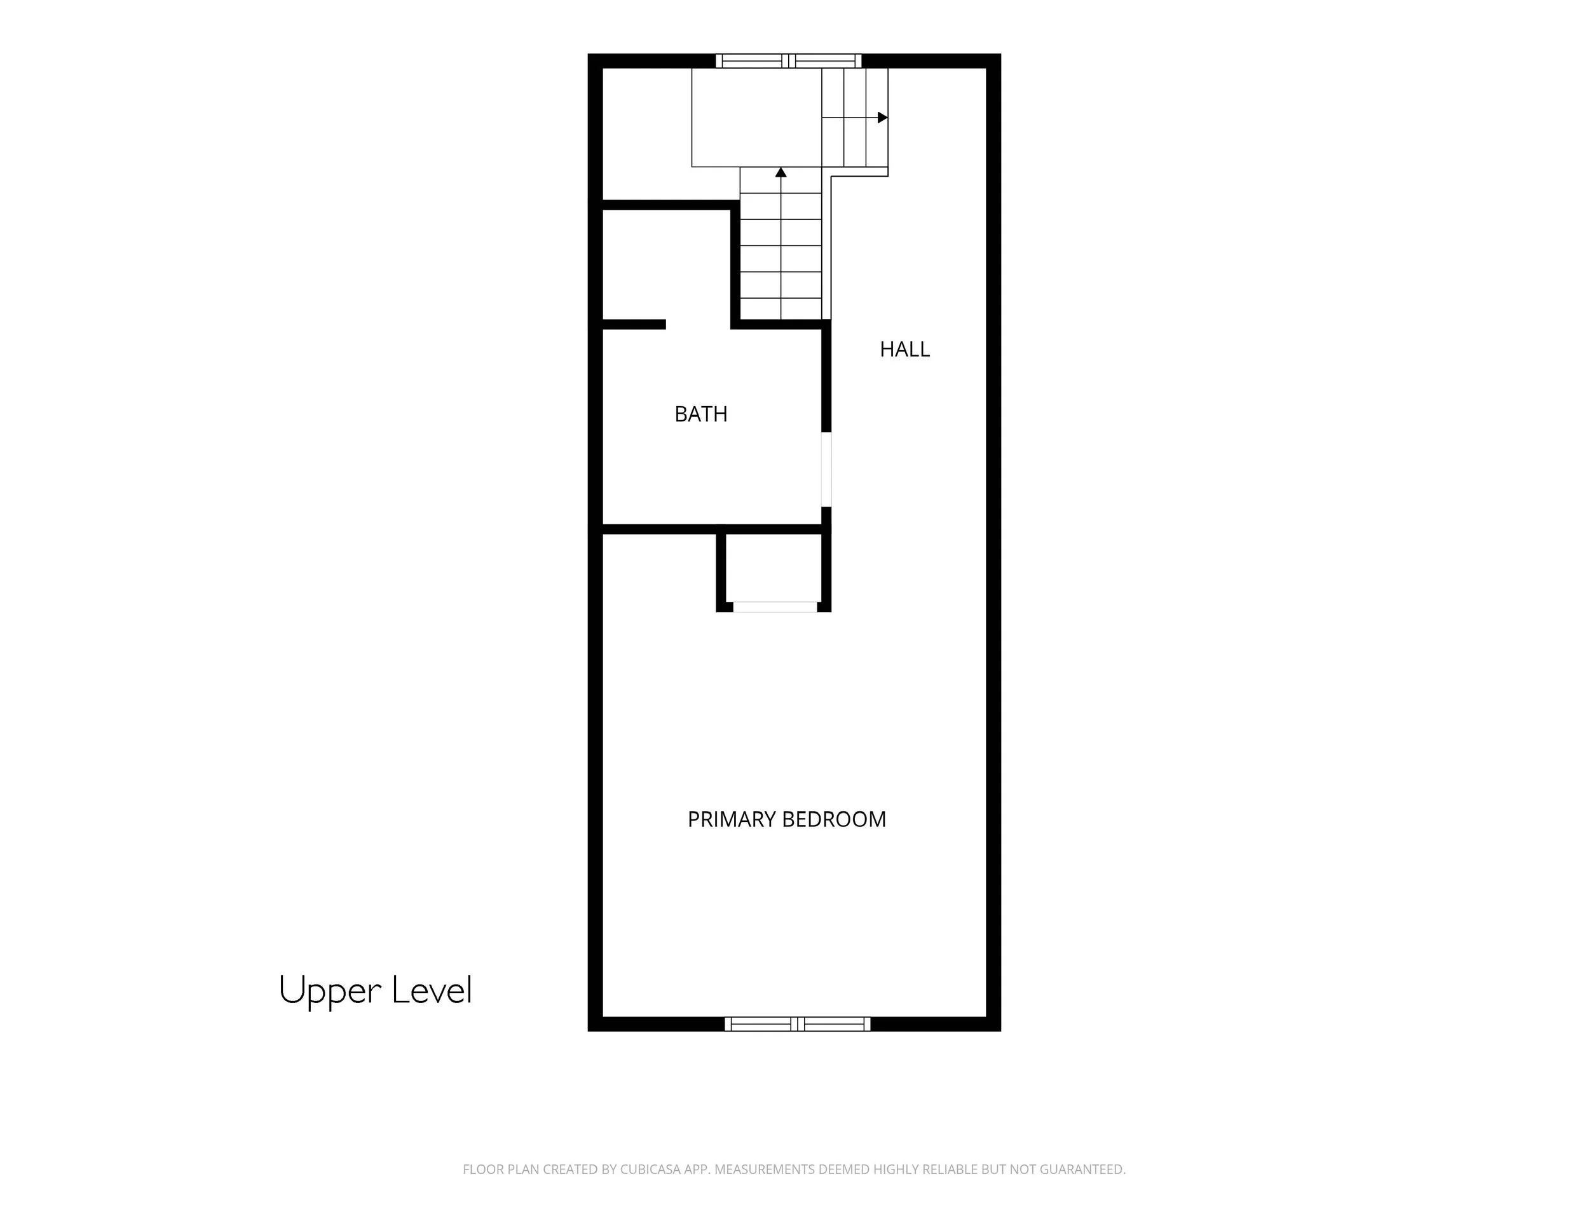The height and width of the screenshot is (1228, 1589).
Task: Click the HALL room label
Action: pyautogui.click(x=904, y=349)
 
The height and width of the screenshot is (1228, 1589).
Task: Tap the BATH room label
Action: pyautogui.click(x=700, y=414)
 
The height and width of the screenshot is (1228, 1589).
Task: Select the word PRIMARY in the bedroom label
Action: pyautogui.click(x=732, y=819)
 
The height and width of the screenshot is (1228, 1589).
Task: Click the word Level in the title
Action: pyautogui.click(x=432, y=990)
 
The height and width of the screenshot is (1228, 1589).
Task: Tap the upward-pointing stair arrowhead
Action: pyautogui.click(x=781, y=172)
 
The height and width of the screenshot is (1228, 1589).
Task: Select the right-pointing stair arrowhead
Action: pyautogui.click(x=883, y=117)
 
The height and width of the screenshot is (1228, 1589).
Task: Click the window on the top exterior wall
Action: pyautogui.click(x=789, y=61)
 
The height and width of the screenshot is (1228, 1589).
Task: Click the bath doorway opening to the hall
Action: pyautogui.click(x=826, y=469)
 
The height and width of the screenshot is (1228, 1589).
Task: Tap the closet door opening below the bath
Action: pyautogui.click(x=775, y=607)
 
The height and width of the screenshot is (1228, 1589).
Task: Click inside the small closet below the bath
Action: pyautogui.click(x=774, y=568)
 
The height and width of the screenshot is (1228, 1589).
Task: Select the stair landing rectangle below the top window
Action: pyautogui.click(x=756, y=117)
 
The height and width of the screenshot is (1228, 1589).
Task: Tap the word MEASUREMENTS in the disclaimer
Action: pyautogui.click(x=764, y=1170)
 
